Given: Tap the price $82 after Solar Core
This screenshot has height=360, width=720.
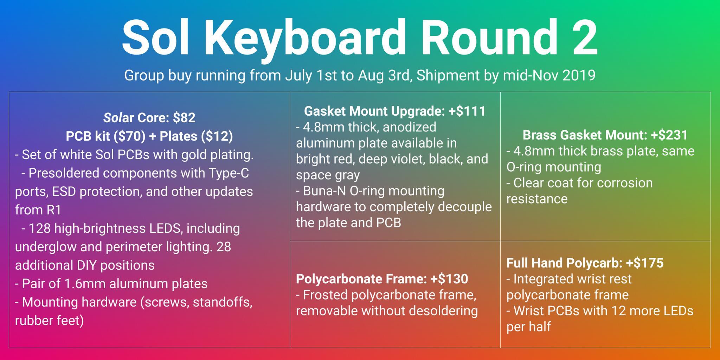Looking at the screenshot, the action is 184,117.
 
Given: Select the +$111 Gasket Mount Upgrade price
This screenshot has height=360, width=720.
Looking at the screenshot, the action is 467,111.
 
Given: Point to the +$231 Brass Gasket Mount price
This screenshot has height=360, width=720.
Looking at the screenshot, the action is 669,135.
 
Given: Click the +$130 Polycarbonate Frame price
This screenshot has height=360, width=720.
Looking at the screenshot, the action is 449,279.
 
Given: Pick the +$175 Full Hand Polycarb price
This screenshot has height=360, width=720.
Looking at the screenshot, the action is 645,263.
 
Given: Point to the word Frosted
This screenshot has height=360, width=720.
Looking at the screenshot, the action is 325,295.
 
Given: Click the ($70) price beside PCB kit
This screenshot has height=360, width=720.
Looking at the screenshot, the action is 130,136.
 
